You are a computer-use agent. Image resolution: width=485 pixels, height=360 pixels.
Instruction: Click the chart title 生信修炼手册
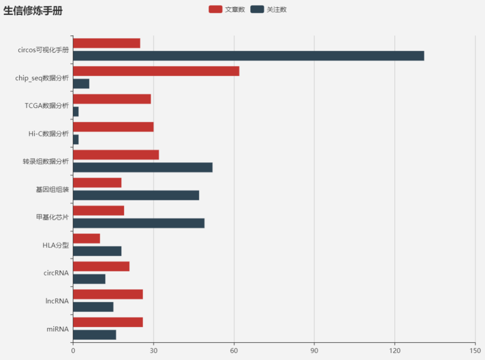pyautogui.click(x=33, y=11)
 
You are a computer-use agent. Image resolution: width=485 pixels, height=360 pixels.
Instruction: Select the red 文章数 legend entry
pyautogui.click(x=226, y=9)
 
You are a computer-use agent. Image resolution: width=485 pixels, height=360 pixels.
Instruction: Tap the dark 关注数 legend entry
pyautogui.click(x=268, y=9)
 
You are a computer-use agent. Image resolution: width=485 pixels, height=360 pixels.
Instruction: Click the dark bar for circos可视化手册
pyautogui.click(x=248, y=56)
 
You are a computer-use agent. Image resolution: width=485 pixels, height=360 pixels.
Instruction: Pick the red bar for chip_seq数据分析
pyautogui.click(x=156, y=71)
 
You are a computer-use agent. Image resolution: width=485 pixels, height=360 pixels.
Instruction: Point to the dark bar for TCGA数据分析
pyautogui.click(x=76, y=111)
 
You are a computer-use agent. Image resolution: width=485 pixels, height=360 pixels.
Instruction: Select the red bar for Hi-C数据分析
pyautogui.click(x=113, y=127)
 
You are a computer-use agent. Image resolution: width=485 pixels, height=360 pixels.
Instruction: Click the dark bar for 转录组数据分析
pyautogui.click(x=142, y=167)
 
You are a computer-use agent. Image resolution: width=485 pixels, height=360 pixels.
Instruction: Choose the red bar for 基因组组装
pyautogui.click(x=97, y=182)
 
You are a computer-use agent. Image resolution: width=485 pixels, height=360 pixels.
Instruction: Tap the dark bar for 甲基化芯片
pyautogui.click(x=138, y=223)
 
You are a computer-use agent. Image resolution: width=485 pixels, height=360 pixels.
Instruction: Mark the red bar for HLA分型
pyautogui.click(x=86, y=238)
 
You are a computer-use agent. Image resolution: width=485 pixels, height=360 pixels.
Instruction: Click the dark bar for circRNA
pyautogui.click(x=89, y=279)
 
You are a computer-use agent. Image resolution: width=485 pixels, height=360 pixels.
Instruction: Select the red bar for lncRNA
pyautogui.click(x=108, y=294)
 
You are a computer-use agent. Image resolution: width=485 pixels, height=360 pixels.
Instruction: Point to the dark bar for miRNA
pyautogui.click(x=94, y=335)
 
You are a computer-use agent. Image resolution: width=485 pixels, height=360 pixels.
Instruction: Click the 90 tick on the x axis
pyautogui.click(x=314, y=350)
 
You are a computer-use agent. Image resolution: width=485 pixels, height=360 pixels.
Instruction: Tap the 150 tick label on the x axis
pyautogui.click(x=475, y=350)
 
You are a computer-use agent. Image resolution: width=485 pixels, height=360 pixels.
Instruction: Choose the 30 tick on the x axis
pyautogui.click(x=154, y=350)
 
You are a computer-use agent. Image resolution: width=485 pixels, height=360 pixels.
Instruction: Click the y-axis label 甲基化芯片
pyautogui.click(x=53, y=217)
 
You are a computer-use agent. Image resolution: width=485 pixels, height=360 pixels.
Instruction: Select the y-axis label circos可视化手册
pyautogui.click(x=43, y=49)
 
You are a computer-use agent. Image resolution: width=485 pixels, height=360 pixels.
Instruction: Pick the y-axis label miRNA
pyautogui.click(x=57, y=329)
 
